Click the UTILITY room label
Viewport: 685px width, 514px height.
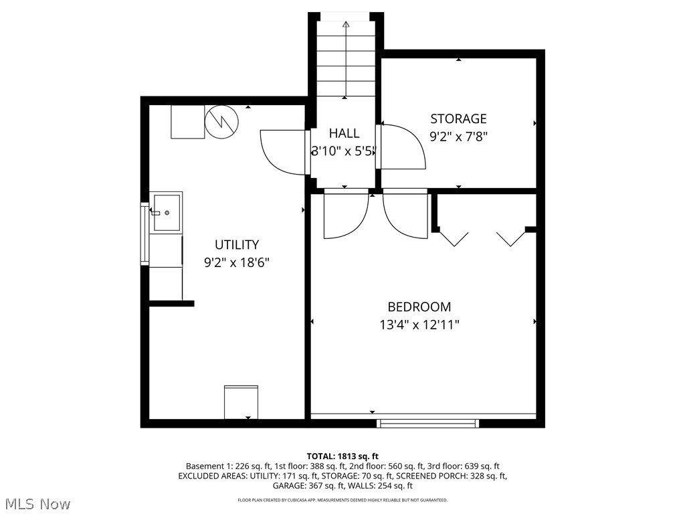tap(236, 245)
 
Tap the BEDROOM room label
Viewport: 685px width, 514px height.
tap(419, 307)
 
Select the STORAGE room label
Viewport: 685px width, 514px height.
tap(458, 119)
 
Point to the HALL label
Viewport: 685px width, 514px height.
tap(344, 133)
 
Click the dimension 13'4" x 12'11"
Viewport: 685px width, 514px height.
tap(419, 325)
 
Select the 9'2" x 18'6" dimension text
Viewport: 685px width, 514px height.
tap(236, 262)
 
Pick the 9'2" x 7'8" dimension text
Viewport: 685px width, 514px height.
tap(458, 137)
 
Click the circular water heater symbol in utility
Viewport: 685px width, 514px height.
tap(221, 122)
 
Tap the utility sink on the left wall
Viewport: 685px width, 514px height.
tap(166, 212)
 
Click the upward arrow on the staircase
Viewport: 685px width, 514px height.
tap(346, 25)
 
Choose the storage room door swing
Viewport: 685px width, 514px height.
tap(403, 147)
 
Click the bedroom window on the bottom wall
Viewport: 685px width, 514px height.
tap(428, 423)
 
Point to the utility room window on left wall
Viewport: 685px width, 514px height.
tap(143, 233)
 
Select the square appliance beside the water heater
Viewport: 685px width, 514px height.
tap(187, 122)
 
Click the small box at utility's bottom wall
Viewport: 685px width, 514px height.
tap(241, 402)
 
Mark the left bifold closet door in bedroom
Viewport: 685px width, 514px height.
tap(454, 238)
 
